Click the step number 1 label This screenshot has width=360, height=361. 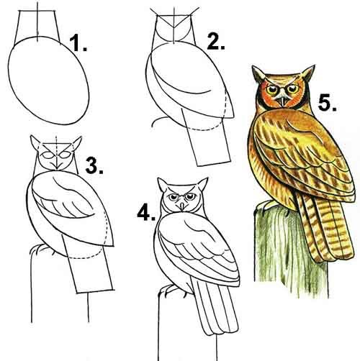pyautogui.click(x=78, y=43)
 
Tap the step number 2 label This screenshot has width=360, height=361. pyautogui.click(x=216, y=42)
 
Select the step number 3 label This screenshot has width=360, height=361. pyautogui.click(x=94, y=165)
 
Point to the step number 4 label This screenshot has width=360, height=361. pyautogui.click(x=146, y=212)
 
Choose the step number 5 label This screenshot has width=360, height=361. pyautogui.click(x=328, y=103)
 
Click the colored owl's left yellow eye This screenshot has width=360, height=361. pyautogui.click(x=271, y=89)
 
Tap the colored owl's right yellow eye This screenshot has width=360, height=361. pyautogui.click(x=293, y=88)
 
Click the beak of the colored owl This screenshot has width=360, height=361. pyautogui.click(x=282, y=101)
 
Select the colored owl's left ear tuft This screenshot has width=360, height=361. pyautogui.click(x=258, y=74)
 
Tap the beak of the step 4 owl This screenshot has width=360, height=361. pyautogui.click(x=181, y=206)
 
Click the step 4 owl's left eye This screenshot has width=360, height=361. pyautogui.click(x=172, y=197)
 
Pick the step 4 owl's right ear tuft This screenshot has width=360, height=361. pyautogui.click(x=202, y=184)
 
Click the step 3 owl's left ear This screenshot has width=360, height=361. pyautogui.click(x=35, y=143)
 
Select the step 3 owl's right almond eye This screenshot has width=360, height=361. pyautogui.click(x=65, y=155)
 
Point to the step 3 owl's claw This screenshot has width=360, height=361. pyautogui.click(x=38, y=250)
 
